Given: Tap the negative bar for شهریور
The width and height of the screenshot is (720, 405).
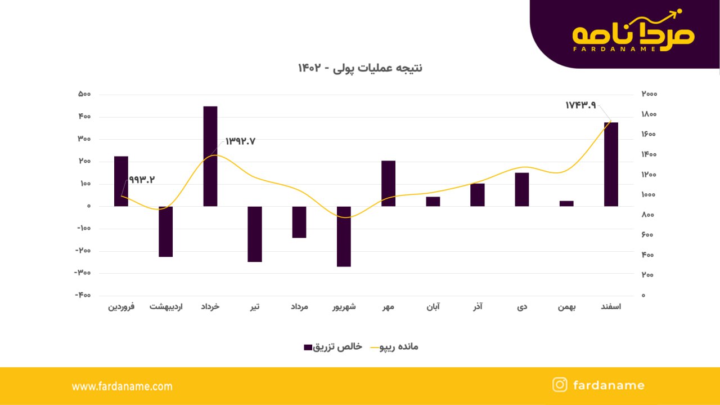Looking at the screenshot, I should coord(344,237).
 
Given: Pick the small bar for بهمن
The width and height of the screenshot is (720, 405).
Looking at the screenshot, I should coord(566,203).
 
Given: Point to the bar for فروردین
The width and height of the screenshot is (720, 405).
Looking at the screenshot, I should coord(121,181).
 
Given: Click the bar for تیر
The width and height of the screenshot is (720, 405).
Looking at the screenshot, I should coord(255,234).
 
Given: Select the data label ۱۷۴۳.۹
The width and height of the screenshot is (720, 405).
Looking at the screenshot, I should coord(580,105).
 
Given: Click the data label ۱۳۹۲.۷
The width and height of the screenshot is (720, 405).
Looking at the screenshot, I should coord(240,141).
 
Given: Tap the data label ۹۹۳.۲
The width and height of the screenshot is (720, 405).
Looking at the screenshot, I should coord(142,180).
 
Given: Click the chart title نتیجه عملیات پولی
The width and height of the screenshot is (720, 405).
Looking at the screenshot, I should coord(360,68).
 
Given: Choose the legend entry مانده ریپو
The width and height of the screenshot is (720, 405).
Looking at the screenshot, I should coord(394,347).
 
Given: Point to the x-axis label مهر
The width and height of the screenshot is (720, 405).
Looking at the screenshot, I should coord(388,307).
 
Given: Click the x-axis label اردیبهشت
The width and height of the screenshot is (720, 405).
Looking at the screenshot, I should coord(165,307).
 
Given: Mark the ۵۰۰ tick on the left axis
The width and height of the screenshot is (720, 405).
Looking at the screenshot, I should coord(84,94).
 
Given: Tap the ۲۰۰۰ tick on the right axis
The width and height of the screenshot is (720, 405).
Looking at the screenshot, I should coord(649,94).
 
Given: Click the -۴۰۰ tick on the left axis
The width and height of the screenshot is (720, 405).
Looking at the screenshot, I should coord(83,295).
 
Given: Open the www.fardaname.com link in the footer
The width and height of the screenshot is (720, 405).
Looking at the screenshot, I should coord(122,386).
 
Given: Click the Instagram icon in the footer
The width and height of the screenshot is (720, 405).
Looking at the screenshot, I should coord(560,385).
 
